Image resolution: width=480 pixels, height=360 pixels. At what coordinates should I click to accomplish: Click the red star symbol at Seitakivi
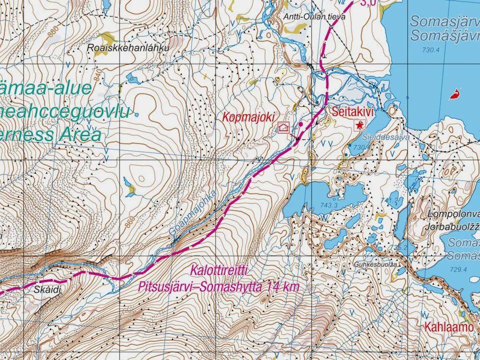[x=359, y=125]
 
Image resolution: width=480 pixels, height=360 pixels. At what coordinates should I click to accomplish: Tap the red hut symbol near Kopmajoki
[x=284, y=128]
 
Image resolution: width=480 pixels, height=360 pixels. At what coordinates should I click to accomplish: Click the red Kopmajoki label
[x=248, y=117]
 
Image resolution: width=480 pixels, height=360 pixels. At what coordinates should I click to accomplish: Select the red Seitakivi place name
[x=352, y=111]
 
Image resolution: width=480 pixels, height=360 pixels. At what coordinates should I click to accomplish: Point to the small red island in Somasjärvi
[x=454, y=93]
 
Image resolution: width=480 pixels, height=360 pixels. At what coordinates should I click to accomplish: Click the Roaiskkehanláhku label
[x=128, y=48]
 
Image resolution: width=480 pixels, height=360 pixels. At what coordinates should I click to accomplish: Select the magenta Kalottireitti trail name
[x=219, y=270]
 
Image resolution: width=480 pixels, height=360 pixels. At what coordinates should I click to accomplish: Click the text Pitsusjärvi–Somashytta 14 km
[x=219, y=287]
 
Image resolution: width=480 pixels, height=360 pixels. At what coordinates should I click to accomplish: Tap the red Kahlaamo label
[x=449, y=327]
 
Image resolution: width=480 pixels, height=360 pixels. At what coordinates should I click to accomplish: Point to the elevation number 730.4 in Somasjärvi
[x=430, y=49]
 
